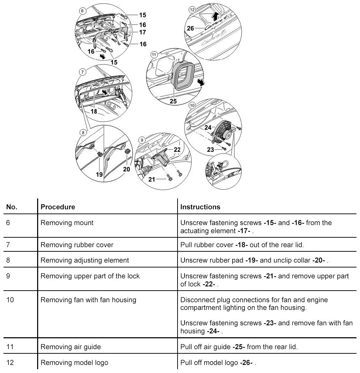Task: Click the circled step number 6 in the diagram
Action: coord(82,11)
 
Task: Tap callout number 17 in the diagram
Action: coord(143,32)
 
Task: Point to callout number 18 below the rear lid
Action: coord(94,111)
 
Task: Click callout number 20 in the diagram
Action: coord(126,169)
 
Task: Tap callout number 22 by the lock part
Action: coord(177,149)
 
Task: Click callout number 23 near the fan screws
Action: coord(210,149)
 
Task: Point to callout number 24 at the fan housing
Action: coord(208,128)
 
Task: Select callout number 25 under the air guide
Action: coord(173,101)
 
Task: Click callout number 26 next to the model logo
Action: coord(190,28)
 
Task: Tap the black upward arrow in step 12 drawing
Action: coord(216,16)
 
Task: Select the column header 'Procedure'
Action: coord(58,207)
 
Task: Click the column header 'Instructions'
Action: coord(200,207)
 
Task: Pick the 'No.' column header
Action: coord(12,207)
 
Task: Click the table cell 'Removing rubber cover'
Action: coord(77,245)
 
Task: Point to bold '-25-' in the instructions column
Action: coord(239,347)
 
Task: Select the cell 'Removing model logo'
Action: coord(74,362)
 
